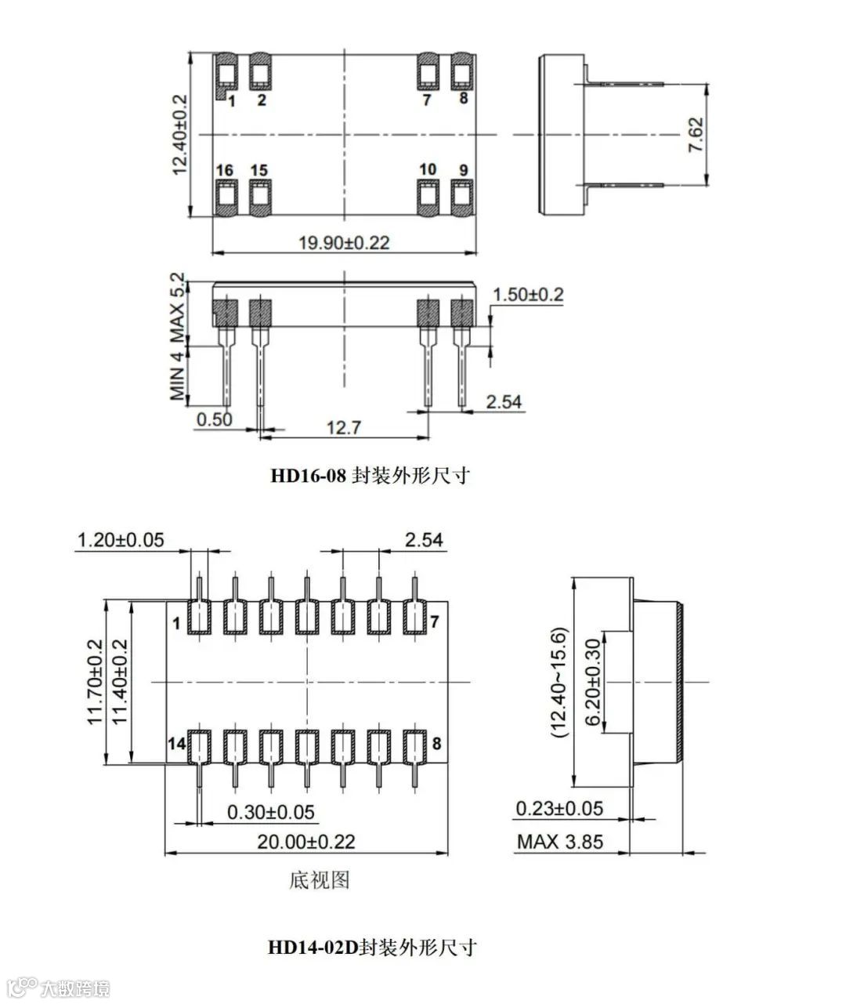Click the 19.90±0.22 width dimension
(x=344, y=242)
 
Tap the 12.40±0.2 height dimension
(x=179, y=134)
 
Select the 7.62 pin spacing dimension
(x=695, y=135)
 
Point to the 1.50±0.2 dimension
(x=527, y=295)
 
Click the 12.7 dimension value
(x=344, y=427)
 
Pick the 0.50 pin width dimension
(x=214, y=419)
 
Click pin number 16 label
(x=225, y=171)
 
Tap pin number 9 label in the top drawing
(x=464, y=171)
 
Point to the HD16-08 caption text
(x=370, y=476)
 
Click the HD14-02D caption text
(x=372, y=947)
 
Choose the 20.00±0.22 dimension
(x=306, y=842)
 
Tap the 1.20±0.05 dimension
(x=121, y=539)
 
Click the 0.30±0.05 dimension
(x=271, y=812)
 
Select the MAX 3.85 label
(x=560, y=842)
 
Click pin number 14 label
(x=178, y=744)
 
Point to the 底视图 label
(x=319, y=880)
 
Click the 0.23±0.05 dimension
(x=559, y=808)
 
